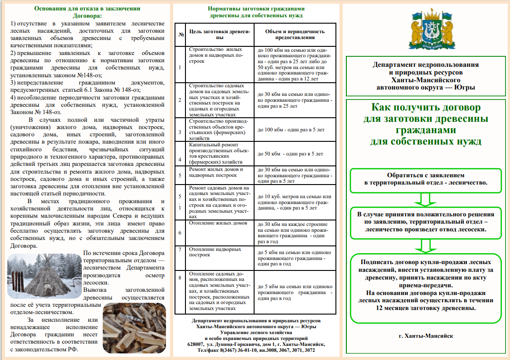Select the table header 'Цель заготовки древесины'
click(x=220, y=35)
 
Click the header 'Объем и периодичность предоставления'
click(x=295, y=35)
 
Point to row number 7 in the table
click(x=180, y=250)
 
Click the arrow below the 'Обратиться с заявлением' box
click(x=425, y=199)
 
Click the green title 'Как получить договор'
click(x=425, y=125)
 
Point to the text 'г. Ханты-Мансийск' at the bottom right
click(x=426, y=336)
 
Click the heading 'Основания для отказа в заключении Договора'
click(x=88, y=12)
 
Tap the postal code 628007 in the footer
click(x=196, y=344)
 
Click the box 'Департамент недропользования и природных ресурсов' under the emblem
click(x=426, y=76)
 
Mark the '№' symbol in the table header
click(x=181, y=35)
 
